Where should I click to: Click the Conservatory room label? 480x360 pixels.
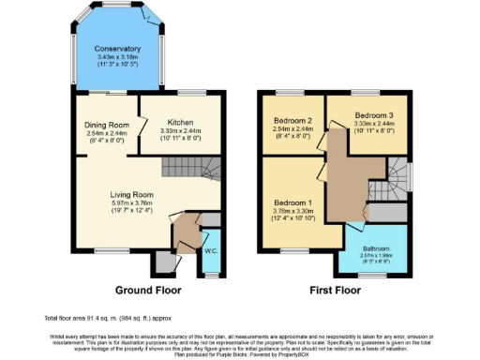[118, 48]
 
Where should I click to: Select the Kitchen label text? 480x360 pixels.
[181, 122]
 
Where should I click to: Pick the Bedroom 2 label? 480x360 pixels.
[292, 122]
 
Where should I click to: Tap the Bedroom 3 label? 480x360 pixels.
[367, 114]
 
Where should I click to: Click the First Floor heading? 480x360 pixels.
[337, 291]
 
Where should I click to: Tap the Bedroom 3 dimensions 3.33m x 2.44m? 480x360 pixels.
[367, 123]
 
